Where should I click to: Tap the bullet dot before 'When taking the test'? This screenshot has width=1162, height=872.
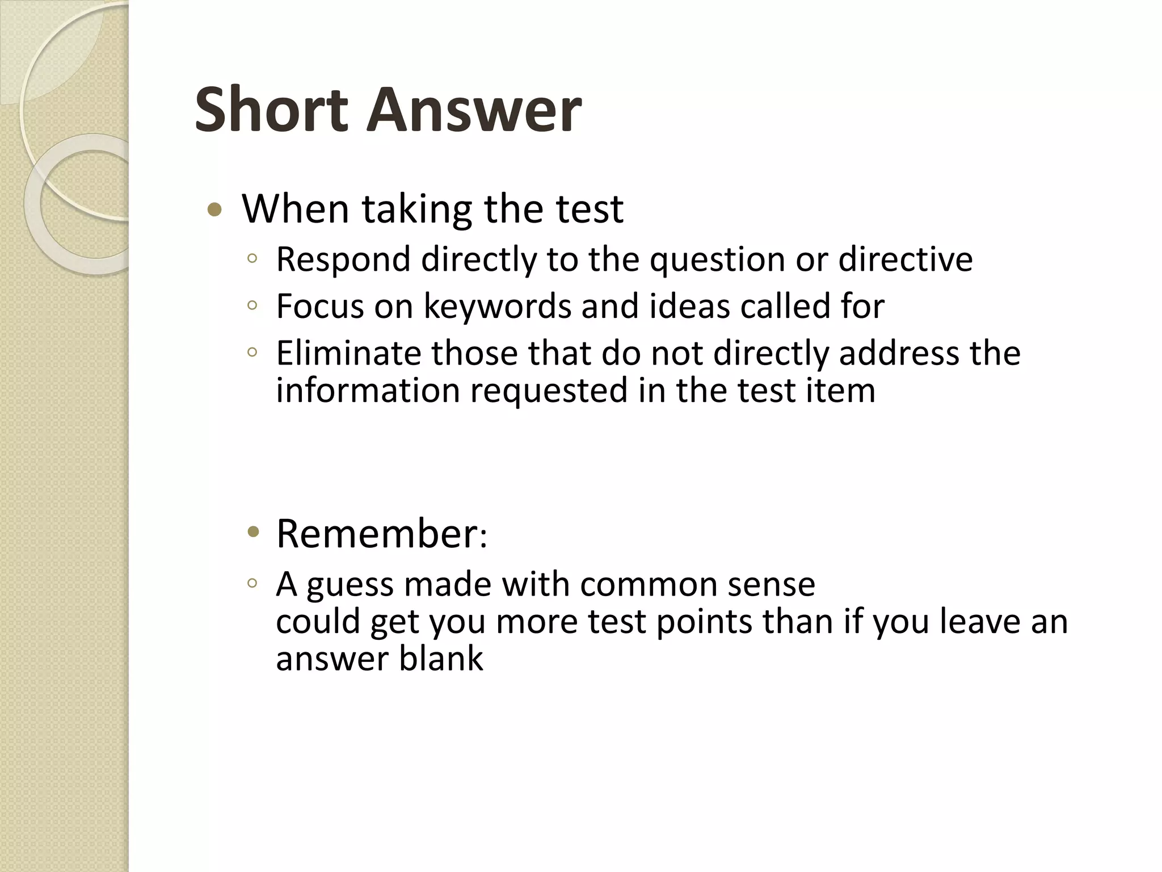pyautogui.click(x=214, y=211)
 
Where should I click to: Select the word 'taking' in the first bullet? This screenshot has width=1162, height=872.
pyautogui.click(x=417, y=209)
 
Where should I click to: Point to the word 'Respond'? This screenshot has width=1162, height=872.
pyautogui.click(x=343, y=260)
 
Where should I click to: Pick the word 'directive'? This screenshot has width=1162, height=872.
pyautogui.click(x=906, y=260)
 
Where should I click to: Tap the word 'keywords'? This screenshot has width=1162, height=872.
pyautogui.click(x=498, y=307)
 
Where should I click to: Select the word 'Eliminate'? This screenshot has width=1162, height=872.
pyautogui.click(x=349, y=353)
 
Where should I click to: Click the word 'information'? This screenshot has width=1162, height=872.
pyautogui.click(x=368, y=391)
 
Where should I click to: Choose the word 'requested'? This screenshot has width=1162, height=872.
pyautogui.click(x=549, y=392)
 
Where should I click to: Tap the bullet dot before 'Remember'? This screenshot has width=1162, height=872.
pyautogui.click(x=253, y=533)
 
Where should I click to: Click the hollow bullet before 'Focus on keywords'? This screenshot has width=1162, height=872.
pyautogui.click(x=252, y=306)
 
